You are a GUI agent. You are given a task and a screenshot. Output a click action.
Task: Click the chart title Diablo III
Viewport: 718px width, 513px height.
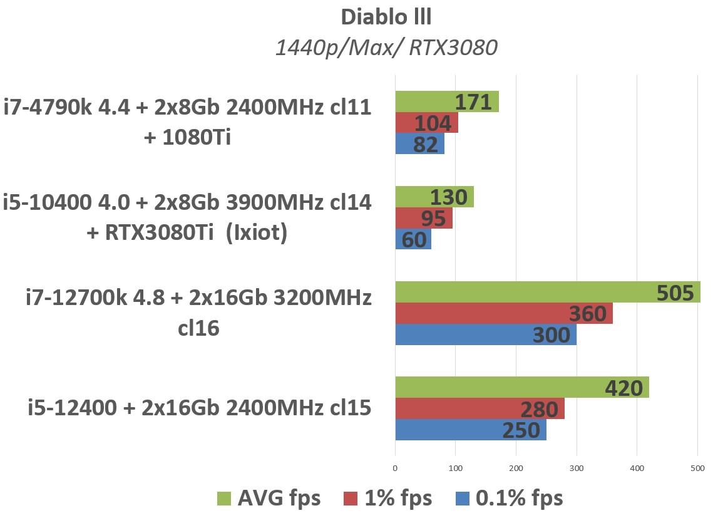[386, 17]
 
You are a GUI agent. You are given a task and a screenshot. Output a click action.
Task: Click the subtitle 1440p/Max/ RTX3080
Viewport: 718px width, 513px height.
[386, 47]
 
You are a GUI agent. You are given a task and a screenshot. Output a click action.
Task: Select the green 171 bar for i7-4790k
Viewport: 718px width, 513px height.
[446, 101]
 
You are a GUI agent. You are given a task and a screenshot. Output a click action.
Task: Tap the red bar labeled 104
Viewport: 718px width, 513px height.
[426, 123]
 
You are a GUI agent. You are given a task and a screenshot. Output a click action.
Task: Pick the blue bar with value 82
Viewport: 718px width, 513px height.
[419, 144]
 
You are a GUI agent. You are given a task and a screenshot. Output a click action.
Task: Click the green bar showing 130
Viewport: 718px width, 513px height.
[434, 197]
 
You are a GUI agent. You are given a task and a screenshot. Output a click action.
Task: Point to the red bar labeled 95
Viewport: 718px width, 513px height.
[423, 218]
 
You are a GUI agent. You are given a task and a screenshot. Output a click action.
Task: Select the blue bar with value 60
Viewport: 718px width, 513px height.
[413, 239]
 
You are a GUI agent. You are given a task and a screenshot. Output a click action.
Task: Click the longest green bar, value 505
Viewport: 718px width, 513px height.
[547, 293]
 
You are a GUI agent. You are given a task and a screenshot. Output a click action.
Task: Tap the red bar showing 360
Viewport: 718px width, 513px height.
[503, 313]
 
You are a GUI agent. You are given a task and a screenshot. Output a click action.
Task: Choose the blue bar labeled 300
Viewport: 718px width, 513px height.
[485, 334]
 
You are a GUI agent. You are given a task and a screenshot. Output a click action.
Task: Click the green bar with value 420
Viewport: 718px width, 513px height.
[521, 388]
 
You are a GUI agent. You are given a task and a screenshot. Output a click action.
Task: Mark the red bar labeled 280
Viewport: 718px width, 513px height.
[480, 409]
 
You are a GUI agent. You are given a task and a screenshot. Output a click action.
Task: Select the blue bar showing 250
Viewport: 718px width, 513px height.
[470, 430]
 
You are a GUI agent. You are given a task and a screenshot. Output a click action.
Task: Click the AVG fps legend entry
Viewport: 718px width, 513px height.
[269, 498]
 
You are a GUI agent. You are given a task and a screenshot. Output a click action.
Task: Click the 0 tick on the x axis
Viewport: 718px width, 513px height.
[395, 468]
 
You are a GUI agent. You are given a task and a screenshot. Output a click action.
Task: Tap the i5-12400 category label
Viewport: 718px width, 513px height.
[200, 408]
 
